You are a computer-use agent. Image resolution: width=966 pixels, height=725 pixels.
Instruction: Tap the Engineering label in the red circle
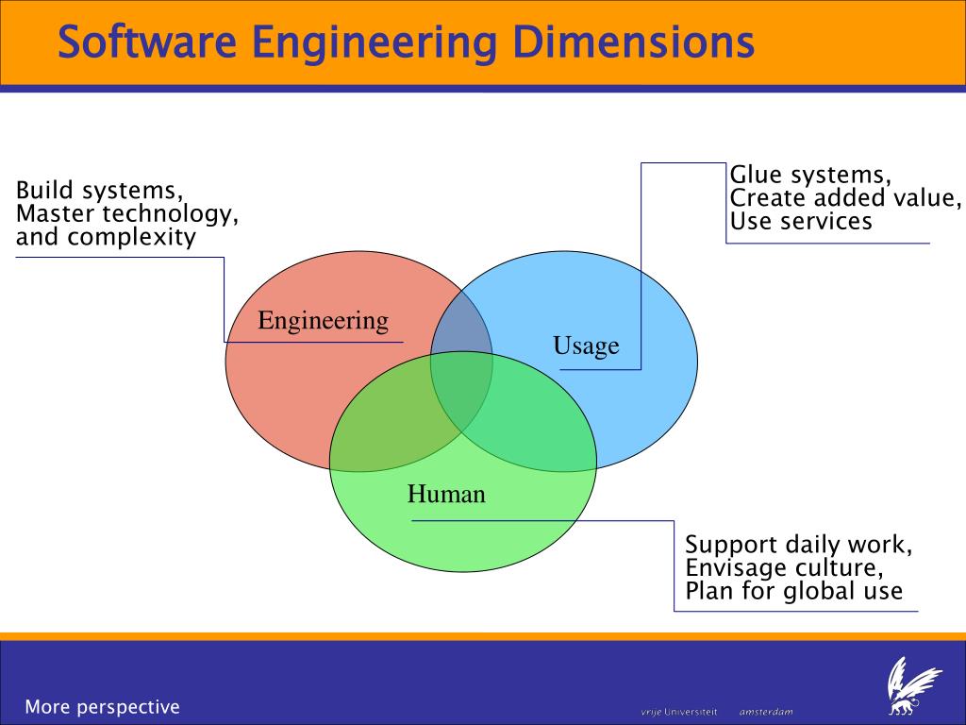point(323,321)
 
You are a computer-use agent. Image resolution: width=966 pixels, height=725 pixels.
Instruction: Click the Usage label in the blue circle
point(586,346)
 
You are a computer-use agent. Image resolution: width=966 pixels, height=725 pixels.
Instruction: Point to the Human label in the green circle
point(446,493)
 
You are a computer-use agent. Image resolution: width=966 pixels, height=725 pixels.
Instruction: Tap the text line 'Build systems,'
point(99,191)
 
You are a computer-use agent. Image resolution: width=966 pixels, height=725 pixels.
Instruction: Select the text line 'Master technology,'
point(126,214)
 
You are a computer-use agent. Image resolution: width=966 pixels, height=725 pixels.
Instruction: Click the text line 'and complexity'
point(106,237)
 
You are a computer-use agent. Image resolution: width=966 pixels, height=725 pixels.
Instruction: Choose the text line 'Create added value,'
point(846,198)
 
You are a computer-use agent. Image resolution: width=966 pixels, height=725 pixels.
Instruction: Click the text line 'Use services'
point(801,222)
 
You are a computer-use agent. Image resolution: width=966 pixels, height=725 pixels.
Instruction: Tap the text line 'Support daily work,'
point(798,545)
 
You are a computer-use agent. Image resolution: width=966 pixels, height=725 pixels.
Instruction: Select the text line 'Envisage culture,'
point(785,568)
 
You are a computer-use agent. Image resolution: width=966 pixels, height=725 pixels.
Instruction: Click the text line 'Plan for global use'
point(793,592)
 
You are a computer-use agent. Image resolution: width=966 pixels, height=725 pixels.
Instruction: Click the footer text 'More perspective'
point(102,706)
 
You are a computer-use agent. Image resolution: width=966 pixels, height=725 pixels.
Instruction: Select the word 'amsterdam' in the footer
point(766,711)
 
